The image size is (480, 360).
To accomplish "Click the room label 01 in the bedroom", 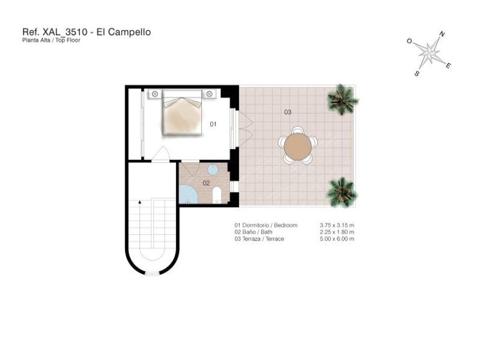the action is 213,124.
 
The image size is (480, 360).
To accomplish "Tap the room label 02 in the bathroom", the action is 206,183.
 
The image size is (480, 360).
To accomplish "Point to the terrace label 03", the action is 288,112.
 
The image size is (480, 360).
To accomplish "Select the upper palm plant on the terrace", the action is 341,99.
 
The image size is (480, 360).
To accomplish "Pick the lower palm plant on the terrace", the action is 342,192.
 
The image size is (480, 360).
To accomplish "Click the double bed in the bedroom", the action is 182,113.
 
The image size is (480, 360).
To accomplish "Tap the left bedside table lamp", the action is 155,94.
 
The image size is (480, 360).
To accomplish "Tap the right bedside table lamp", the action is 209,94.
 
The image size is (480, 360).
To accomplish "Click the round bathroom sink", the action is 213,169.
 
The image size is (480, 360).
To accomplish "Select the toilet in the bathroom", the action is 217,194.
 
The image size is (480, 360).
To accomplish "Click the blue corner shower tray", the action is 188,194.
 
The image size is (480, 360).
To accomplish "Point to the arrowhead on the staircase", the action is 140,202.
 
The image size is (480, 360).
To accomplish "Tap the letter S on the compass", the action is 417,74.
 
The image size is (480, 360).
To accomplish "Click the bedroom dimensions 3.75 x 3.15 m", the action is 337,225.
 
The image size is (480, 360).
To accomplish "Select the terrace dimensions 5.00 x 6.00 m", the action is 337,239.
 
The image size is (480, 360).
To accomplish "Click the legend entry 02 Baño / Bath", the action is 254,232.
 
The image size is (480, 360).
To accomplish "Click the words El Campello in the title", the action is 123,32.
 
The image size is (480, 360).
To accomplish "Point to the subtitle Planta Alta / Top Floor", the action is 51,40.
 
